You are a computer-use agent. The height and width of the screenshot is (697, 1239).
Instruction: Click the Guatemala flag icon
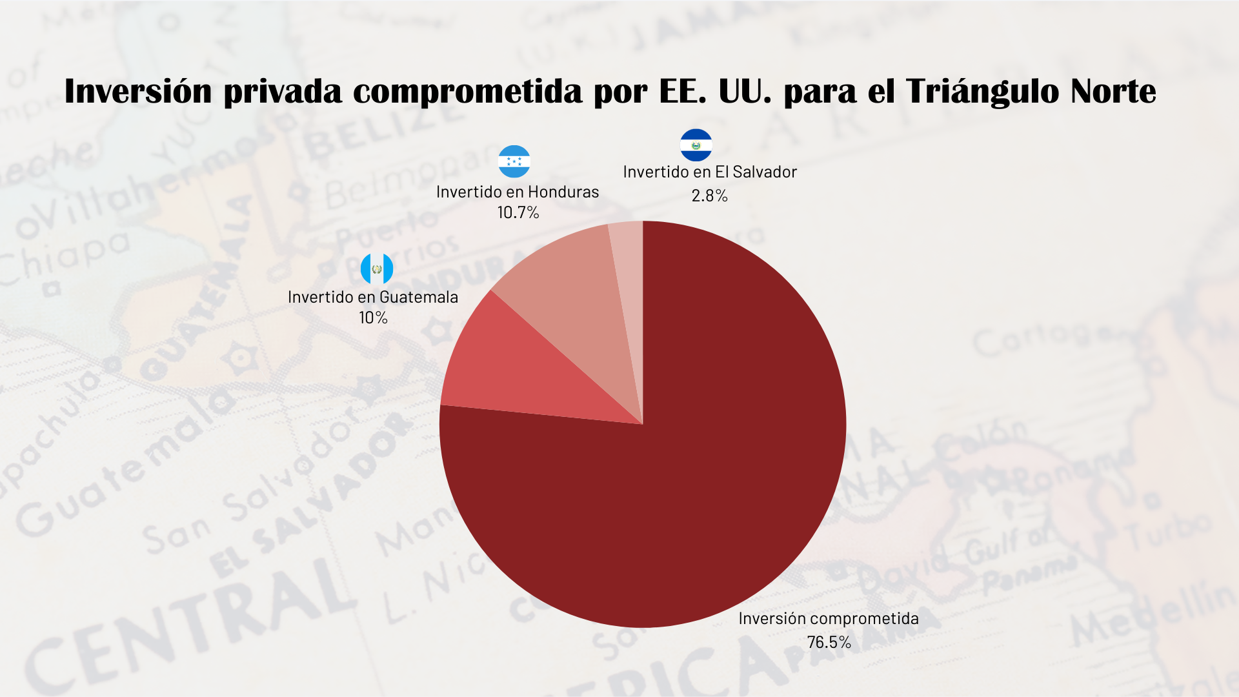pos(376,269)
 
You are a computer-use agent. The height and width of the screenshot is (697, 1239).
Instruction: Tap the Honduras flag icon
pos(514,161)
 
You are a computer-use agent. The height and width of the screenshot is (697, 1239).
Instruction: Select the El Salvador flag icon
pos(696,145)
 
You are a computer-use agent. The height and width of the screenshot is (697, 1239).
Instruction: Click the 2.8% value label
pos(709,196)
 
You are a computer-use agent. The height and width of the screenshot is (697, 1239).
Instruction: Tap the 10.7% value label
pos(518,212)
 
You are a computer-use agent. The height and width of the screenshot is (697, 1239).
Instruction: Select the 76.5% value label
pos(829,642)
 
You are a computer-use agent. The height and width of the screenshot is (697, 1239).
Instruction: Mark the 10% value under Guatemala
pos(373,318)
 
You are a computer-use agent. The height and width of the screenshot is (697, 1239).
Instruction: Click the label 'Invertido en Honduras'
pos(518,192)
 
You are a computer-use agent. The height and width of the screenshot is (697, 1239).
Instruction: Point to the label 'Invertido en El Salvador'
pos(710,172)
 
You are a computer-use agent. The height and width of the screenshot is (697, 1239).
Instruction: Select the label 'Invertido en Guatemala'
pos(373,297)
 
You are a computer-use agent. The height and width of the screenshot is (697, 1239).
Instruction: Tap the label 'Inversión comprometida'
pos(829,618)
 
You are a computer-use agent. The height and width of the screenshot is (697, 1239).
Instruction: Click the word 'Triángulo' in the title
pos(983,91)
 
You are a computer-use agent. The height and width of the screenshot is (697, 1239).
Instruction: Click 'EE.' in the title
pos(683,91)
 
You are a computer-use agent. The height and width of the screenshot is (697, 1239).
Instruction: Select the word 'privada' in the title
pos(283,91)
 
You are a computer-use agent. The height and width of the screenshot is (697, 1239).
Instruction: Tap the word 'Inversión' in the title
pos(138,91)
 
